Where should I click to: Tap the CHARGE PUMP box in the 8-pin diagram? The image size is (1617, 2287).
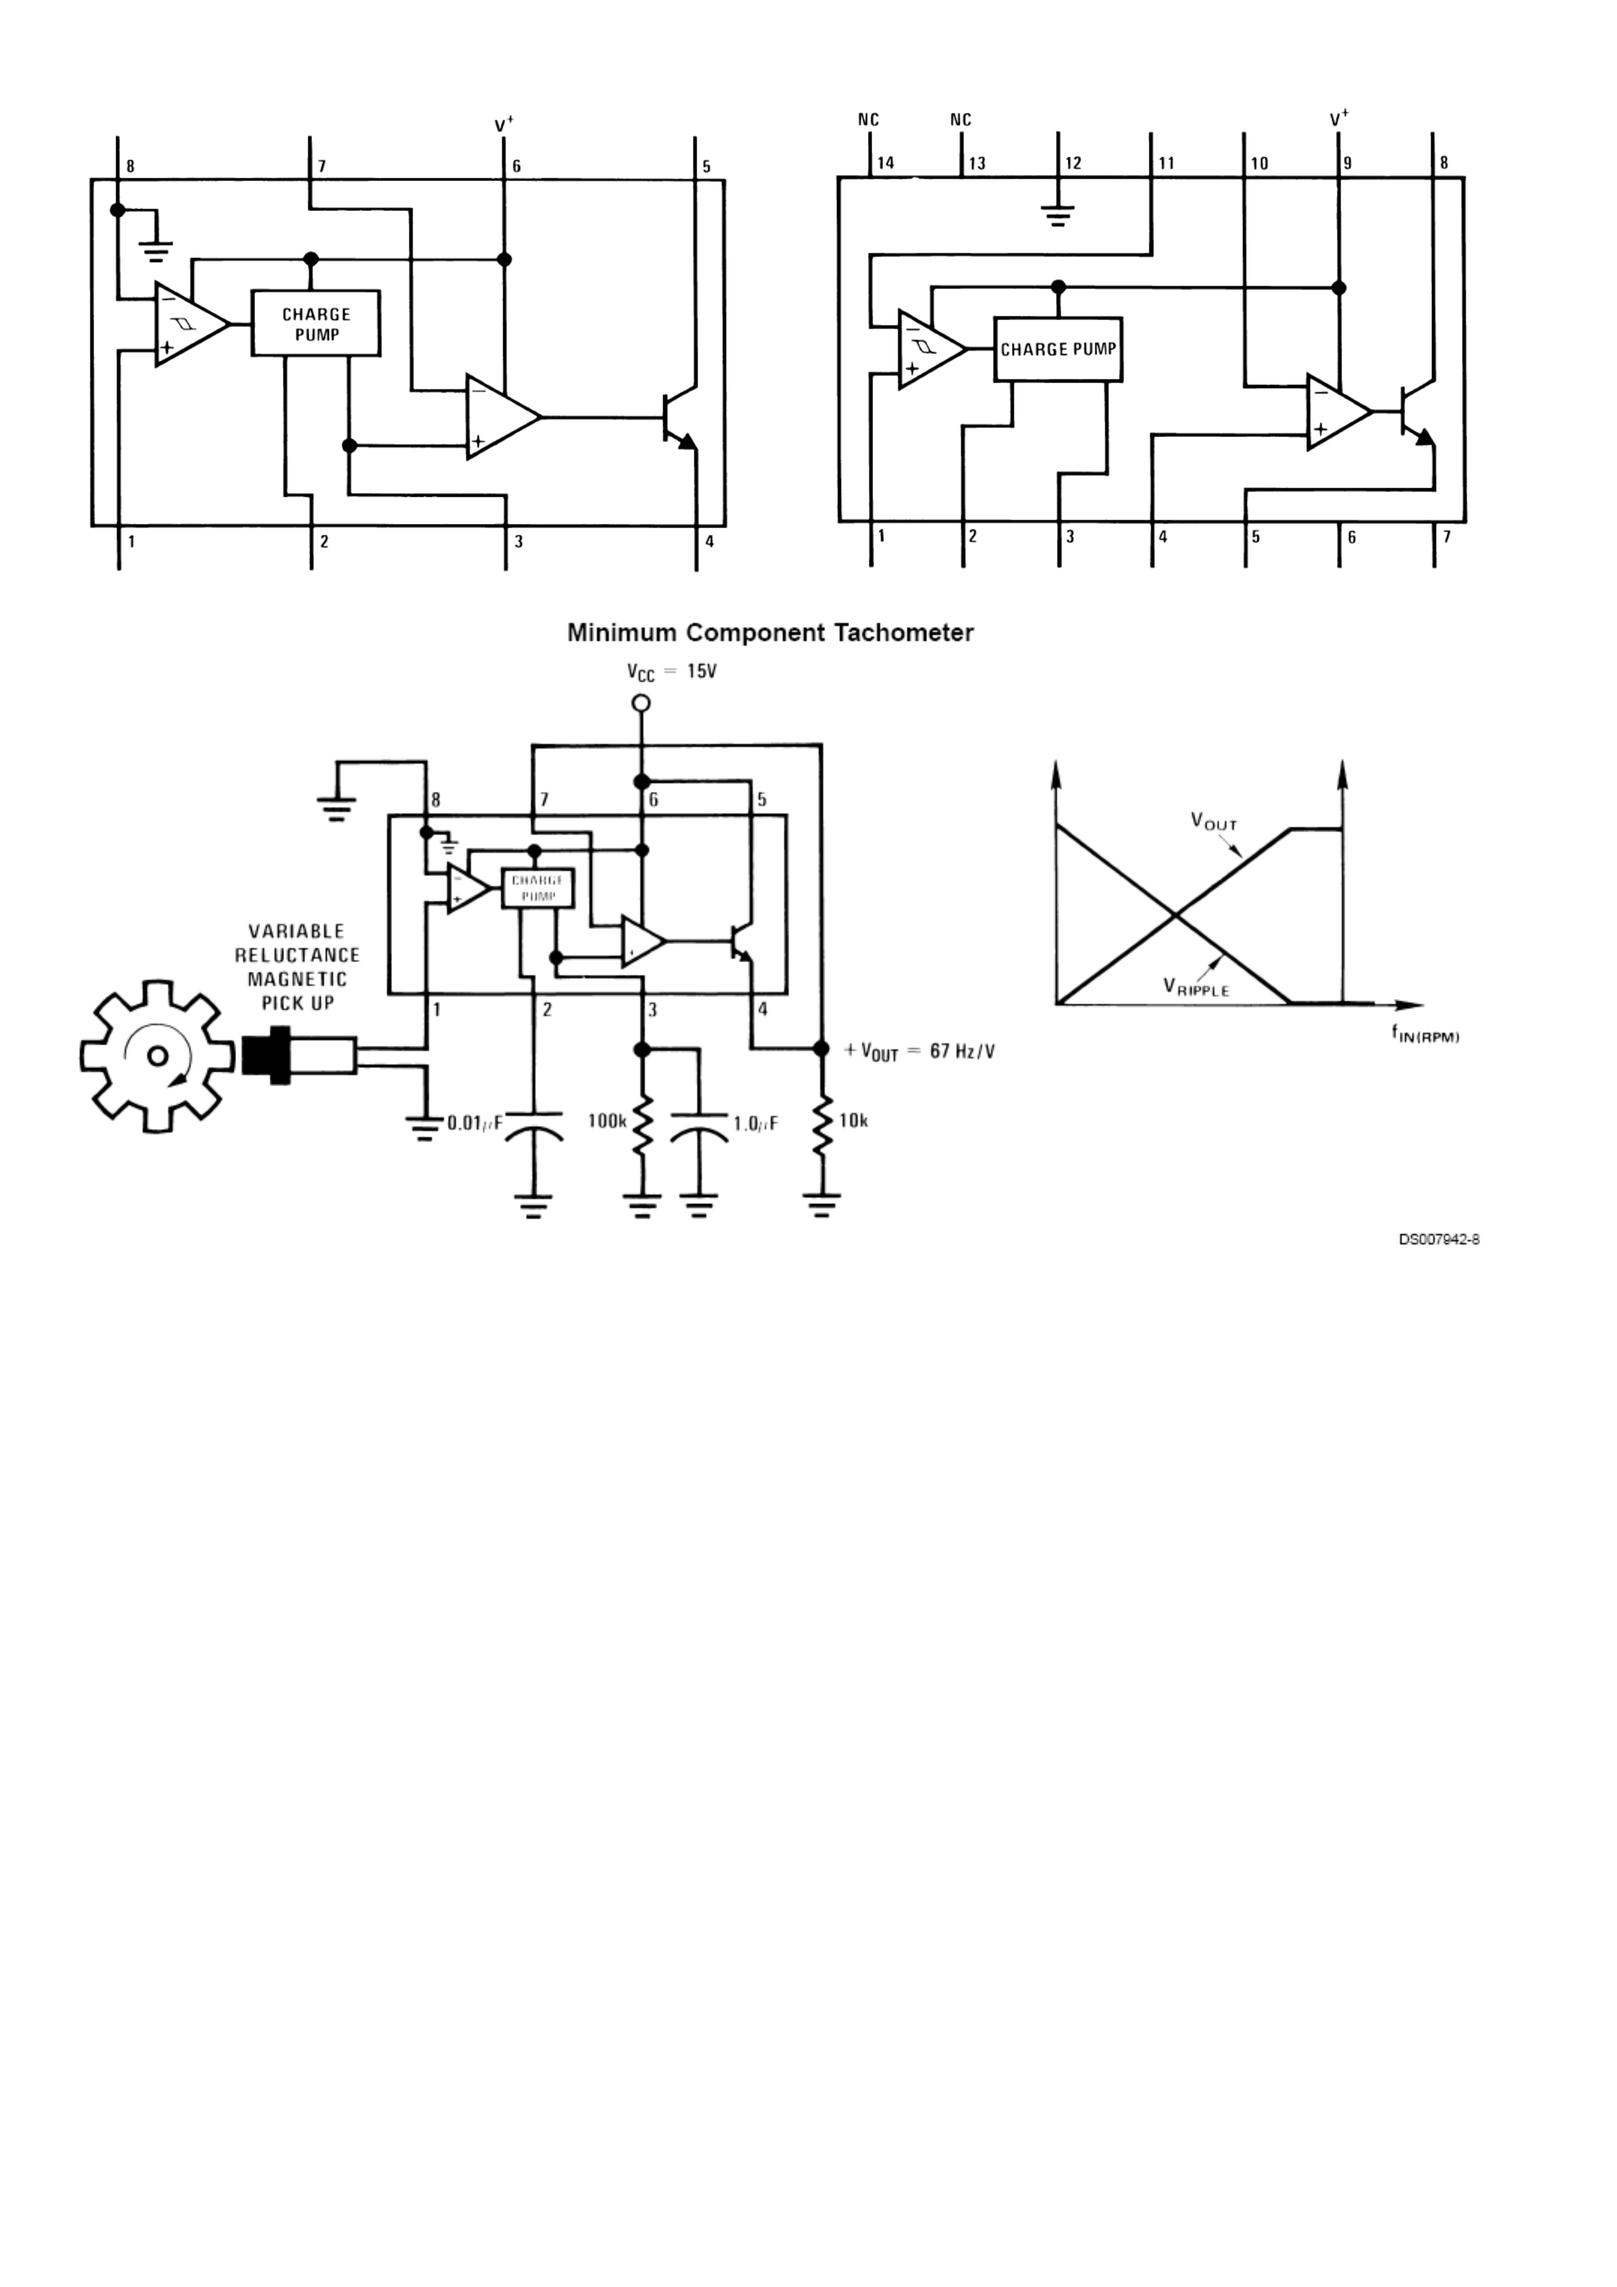coord(316,324)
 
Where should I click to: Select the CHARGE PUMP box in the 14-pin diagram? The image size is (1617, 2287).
coord(1058,350)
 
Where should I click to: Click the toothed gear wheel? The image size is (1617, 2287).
coord(156,1056)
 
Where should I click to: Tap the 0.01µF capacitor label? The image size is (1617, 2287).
coord(474,1124)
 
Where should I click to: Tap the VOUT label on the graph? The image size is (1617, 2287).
coord(1213,822)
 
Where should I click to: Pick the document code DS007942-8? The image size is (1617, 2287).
coord(1439,1239)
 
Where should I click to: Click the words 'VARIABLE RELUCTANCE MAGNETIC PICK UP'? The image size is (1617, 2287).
coord(297,966)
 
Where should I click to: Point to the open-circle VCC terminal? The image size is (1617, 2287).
coord(642,703)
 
